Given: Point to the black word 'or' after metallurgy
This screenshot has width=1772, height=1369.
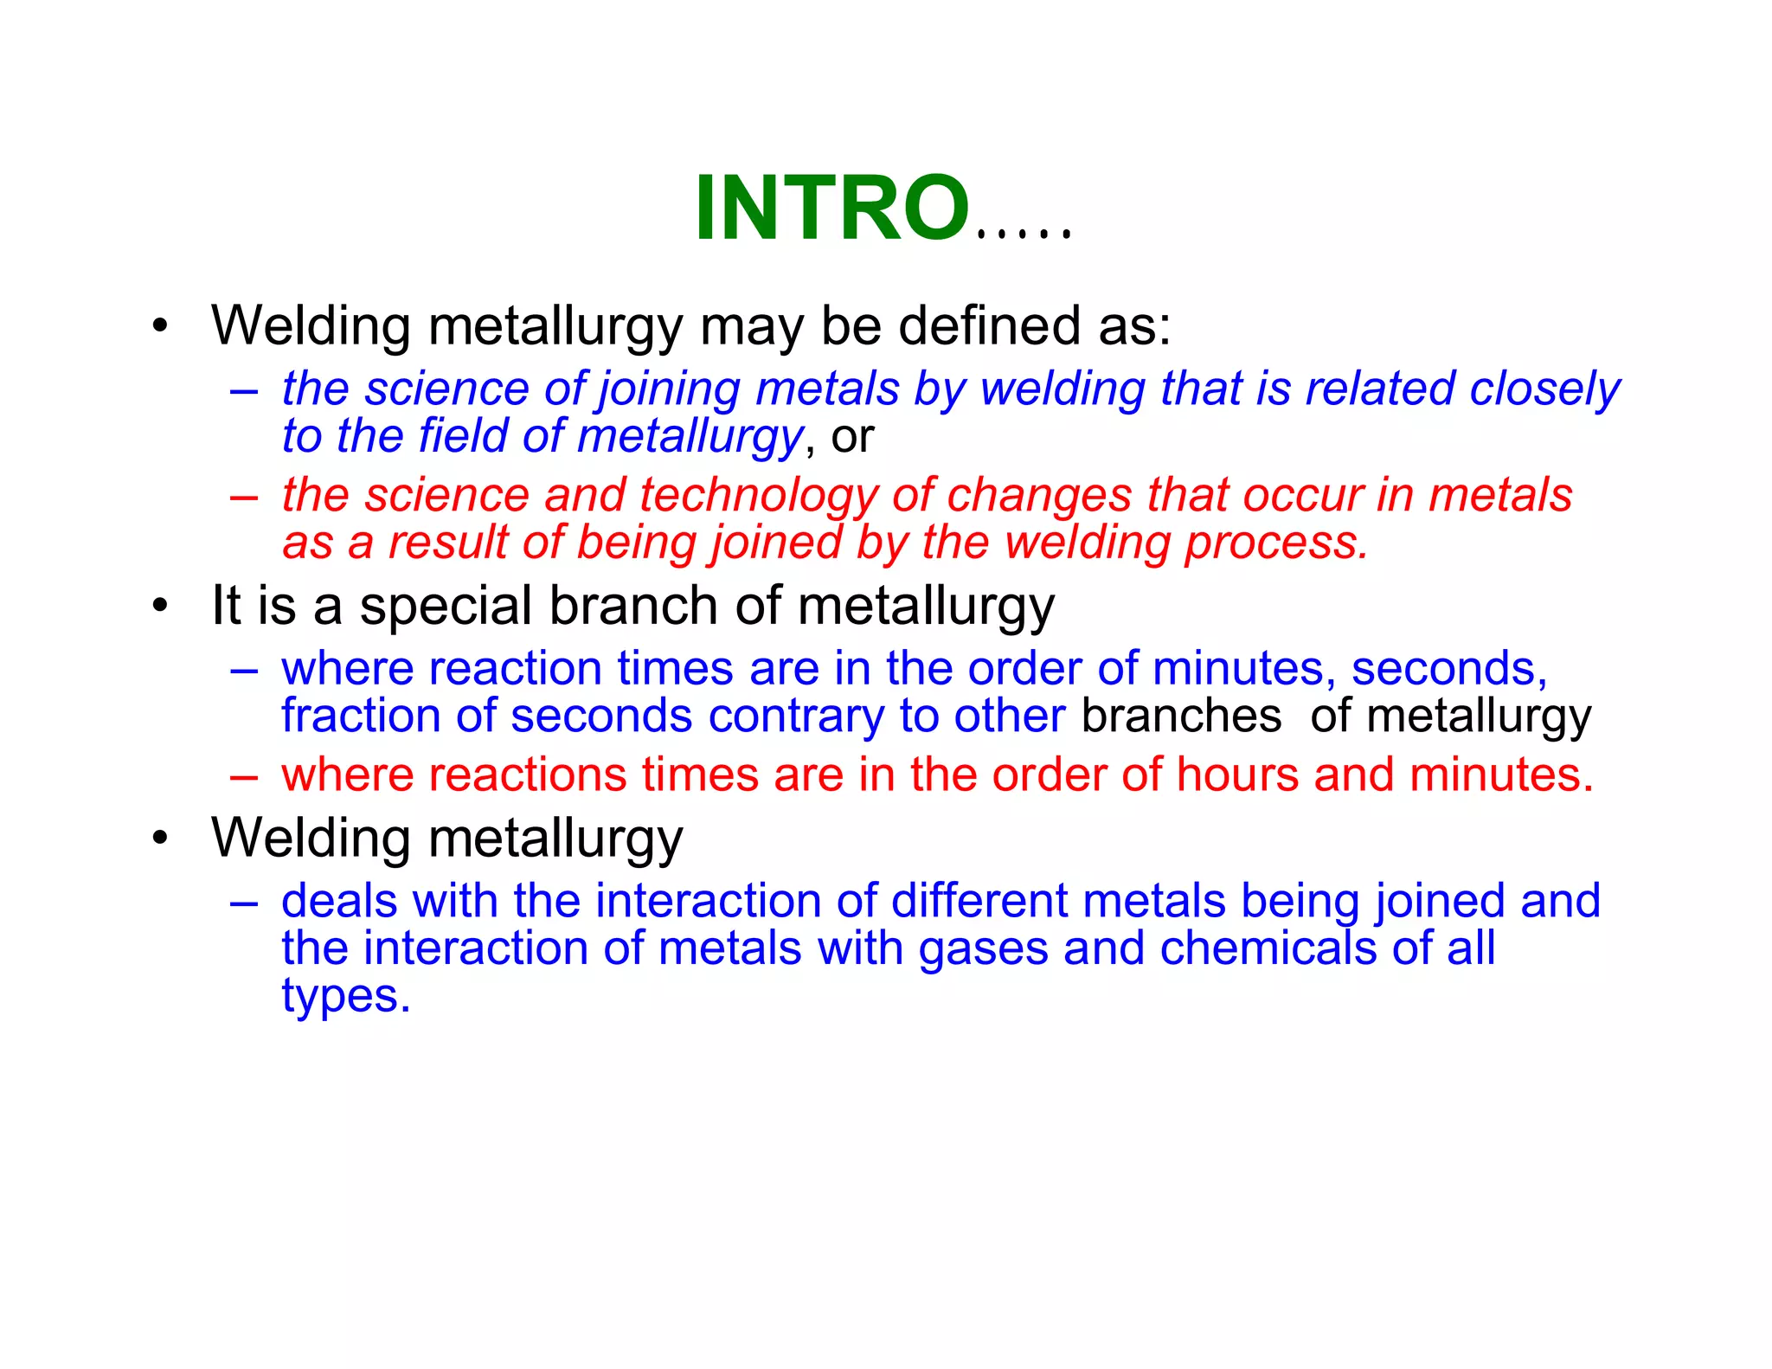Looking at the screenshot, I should (x=852, y=436).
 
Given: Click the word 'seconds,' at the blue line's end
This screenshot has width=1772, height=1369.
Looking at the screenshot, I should (x=1449, y=669).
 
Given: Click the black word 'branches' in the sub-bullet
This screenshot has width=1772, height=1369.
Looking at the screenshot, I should (x=1181, y=716).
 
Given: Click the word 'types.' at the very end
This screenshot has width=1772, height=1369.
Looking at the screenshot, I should (x=345, y=997).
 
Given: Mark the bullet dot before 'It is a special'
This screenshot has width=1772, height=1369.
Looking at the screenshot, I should (x=159, y=606).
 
